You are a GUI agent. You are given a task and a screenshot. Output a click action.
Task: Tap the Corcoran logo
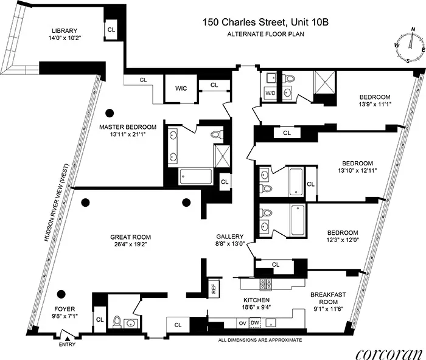point(389,351)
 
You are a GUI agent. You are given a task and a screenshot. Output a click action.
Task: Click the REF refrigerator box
point(214,289)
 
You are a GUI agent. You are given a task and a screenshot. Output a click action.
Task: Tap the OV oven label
point(242,322)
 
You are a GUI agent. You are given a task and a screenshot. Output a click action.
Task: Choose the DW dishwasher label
point(256,322)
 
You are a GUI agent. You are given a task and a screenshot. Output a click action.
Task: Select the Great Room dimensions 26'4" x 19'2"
point(130,245)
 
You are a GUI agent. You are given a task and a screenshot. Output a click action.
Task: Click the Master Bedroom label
point(128,127)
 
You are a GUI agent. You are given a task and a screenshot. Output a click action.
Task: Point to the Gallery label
point(230,237)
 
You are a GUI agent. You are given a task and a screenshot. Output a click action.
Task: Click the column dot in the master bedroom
point(110,112)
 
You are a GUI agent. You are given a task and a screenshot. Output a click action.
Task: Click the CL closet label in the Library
point(111,29)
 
